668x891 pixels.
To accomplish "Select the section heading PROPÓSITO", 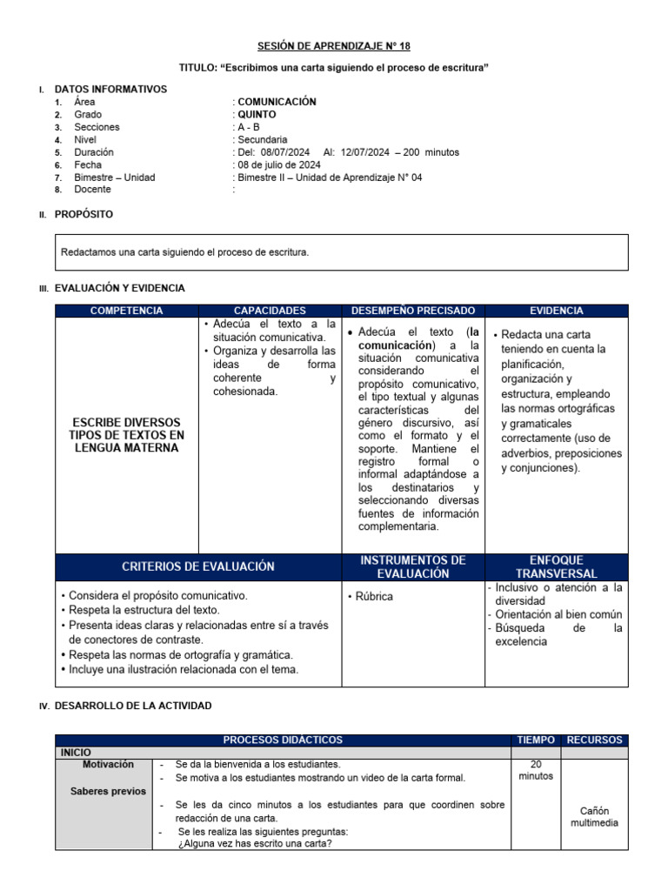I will (x=83, y=214).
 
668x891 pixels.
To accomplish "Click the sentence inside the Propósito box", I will (x=184, y=252).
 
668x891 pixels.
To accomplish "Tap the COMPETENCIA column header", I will (x=127, y=311).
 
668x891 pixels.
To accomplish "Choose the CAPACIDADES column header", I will (x=271, y=311).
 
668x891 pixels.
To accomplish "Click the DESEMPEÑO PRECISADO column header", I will (x=413, y=311).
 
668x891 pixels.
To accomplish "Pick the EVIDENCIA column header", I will (x=557, y=311).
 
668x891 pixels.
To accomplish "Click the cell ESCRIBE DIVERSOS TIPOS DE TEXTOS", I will (x=127, y=434).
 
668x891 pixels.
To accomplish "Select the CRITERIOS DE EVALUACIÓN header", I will (x=199, y=566).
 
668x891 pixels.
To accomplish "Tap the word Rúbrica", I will (x=373, y=597).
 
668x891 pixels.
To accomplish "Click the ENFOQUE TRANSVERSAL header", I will (x=557, y=566).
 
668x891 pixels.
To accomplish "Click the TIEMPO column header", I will (x=535, y=740).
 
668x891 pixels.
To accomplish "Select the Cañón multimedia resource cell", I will (x=595, y=817).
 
